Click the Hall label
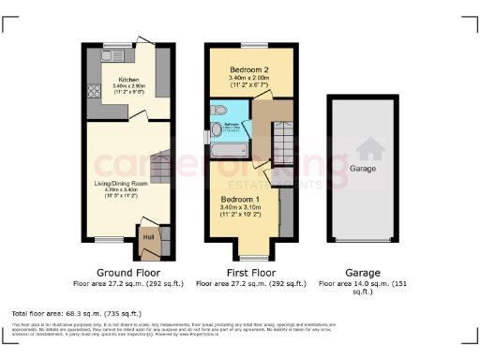[x=148, y=237]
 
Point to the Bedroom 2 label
[x=248, y=70]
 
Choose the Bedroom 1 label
[x=240, y=200]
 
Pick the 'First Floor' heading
[x=248, y=270]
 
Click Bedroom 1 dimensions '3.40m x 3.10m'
[x=240, y=208]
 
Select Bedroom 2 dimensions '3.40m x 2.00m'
[x=248, y=78]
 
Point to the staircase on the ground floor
[x=161, y=169]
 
